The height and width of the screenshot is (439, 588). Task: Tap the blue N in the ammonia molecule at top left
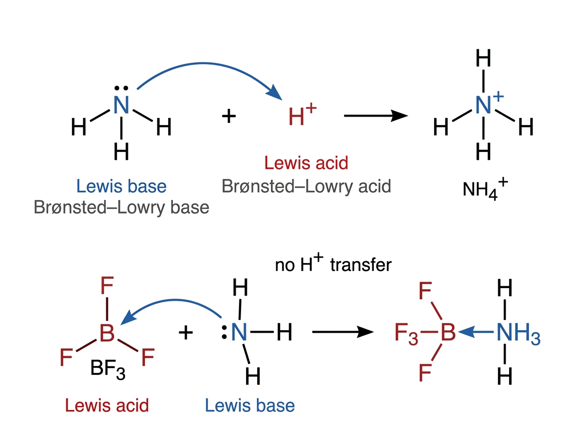[x=121, y=105]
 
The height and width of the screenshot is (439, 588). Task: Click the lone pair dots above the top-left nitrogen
[x=121, y=88]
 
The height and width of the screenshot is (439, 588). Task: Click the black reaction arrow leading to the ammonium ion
[x=375, y=116]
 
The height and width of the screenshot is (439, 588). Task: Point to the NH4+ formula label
[x=485, y=189]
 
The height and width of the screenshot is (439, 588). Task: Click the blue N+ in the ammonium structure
[x=489, y=103]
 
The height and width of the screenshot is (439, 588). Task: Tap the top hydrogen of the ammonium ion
[x=483, y=58]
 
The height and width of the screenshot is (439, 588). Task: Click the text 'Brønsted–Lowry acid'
[x=306, y=186]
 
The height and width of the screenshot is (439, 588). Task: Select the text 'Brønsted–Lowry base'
[x=122, y=208]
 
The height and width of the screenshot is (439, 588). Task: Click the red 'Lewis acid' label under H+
[x=306, y=163]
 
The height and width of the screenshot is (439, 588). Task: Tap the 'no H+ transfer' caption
[x=333, y=263]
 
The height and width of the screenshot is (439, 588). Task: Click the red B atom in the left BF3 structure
[x=107, y=333]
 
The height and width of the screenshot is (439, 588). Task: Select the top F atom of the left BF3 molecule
[x=107, y=286]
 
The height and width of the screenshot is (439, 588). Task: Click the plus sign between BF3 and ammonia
[x=186, y=333]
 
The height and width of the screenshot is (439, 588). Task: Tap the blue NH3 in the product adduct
[x=518, y=334]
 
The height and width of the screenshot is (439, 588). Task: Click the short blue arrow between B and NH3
[x=475, y=332]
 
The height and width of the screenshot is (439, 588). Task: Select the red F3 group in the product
[x=406, y=334]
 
